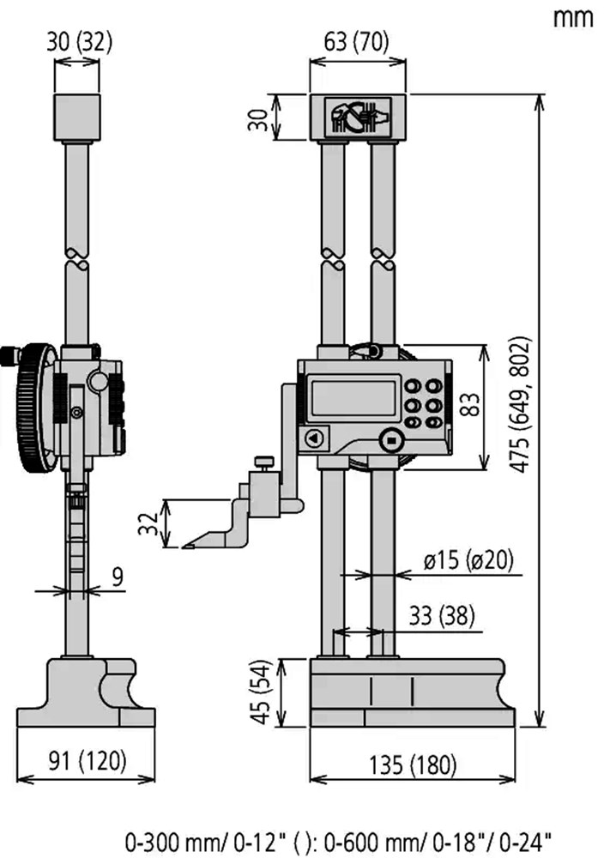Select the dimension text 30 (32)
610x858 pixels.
(79, 42)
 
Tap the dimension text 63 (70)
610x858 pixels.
(356, 42)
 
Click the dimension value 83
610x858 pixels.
(470, 404)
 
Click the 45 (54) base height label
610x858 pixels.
(262, 692)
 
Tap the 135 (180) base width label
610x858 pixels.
(413, 765)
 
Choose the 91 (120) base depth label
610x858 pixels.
(88, 760)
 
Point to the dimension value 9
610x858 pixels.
(118, 577)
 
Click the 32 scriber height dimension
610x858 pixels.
(148, 523)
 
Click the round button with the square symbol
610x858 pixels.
(391, 440)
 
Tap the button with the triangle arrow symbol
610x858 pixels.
(314, 438)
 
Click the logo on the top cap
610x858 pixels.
(359, 117)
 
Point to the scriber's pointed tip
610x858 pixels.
(184, 546)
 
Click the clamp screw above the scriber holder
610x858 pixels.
(263, 463)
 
